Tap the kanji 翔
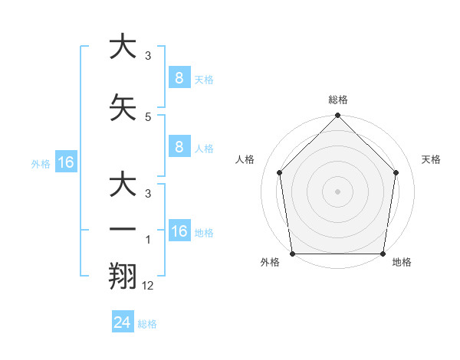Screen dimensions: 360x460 tap(123, 275)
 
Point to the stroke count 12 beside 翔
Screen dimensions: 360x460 tap(148, 285)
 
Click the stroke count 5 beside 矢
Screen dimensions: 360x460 tap(148, 116)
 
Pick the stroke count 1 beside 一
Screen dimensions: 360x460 tap(148, 239)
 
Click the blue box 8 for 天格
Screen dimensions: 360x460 tap(179, 78)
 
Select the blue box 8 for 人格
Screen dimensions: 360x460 tap(179, 147)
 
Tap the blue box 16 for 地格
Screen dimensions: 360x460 tap(179, 231)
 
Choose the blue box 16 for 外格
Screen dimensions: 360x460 tap(65, 162)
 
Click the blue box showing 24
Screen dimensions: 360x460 tap(123, 322)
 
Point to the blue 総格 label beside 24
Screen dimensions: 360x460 tap(147, 324)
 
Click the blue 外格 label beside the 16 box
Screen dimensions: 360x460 tap(40, 163)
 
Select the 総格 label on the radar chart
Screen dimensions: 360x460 tap(337, 100)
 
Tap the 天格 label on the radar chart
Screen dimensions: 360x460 tap(431, 159)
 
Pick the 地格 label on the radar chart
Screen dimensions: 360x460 tap(402, 262)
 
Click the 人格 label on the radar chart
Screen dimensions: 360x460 tap(245, 159)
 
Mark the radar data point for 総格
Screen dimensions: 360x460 tap(337, 116)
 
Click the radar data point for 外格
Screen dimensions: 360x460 tap(292, 254)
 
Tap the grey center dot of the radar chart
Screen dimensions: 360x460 tap(337, 191)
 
